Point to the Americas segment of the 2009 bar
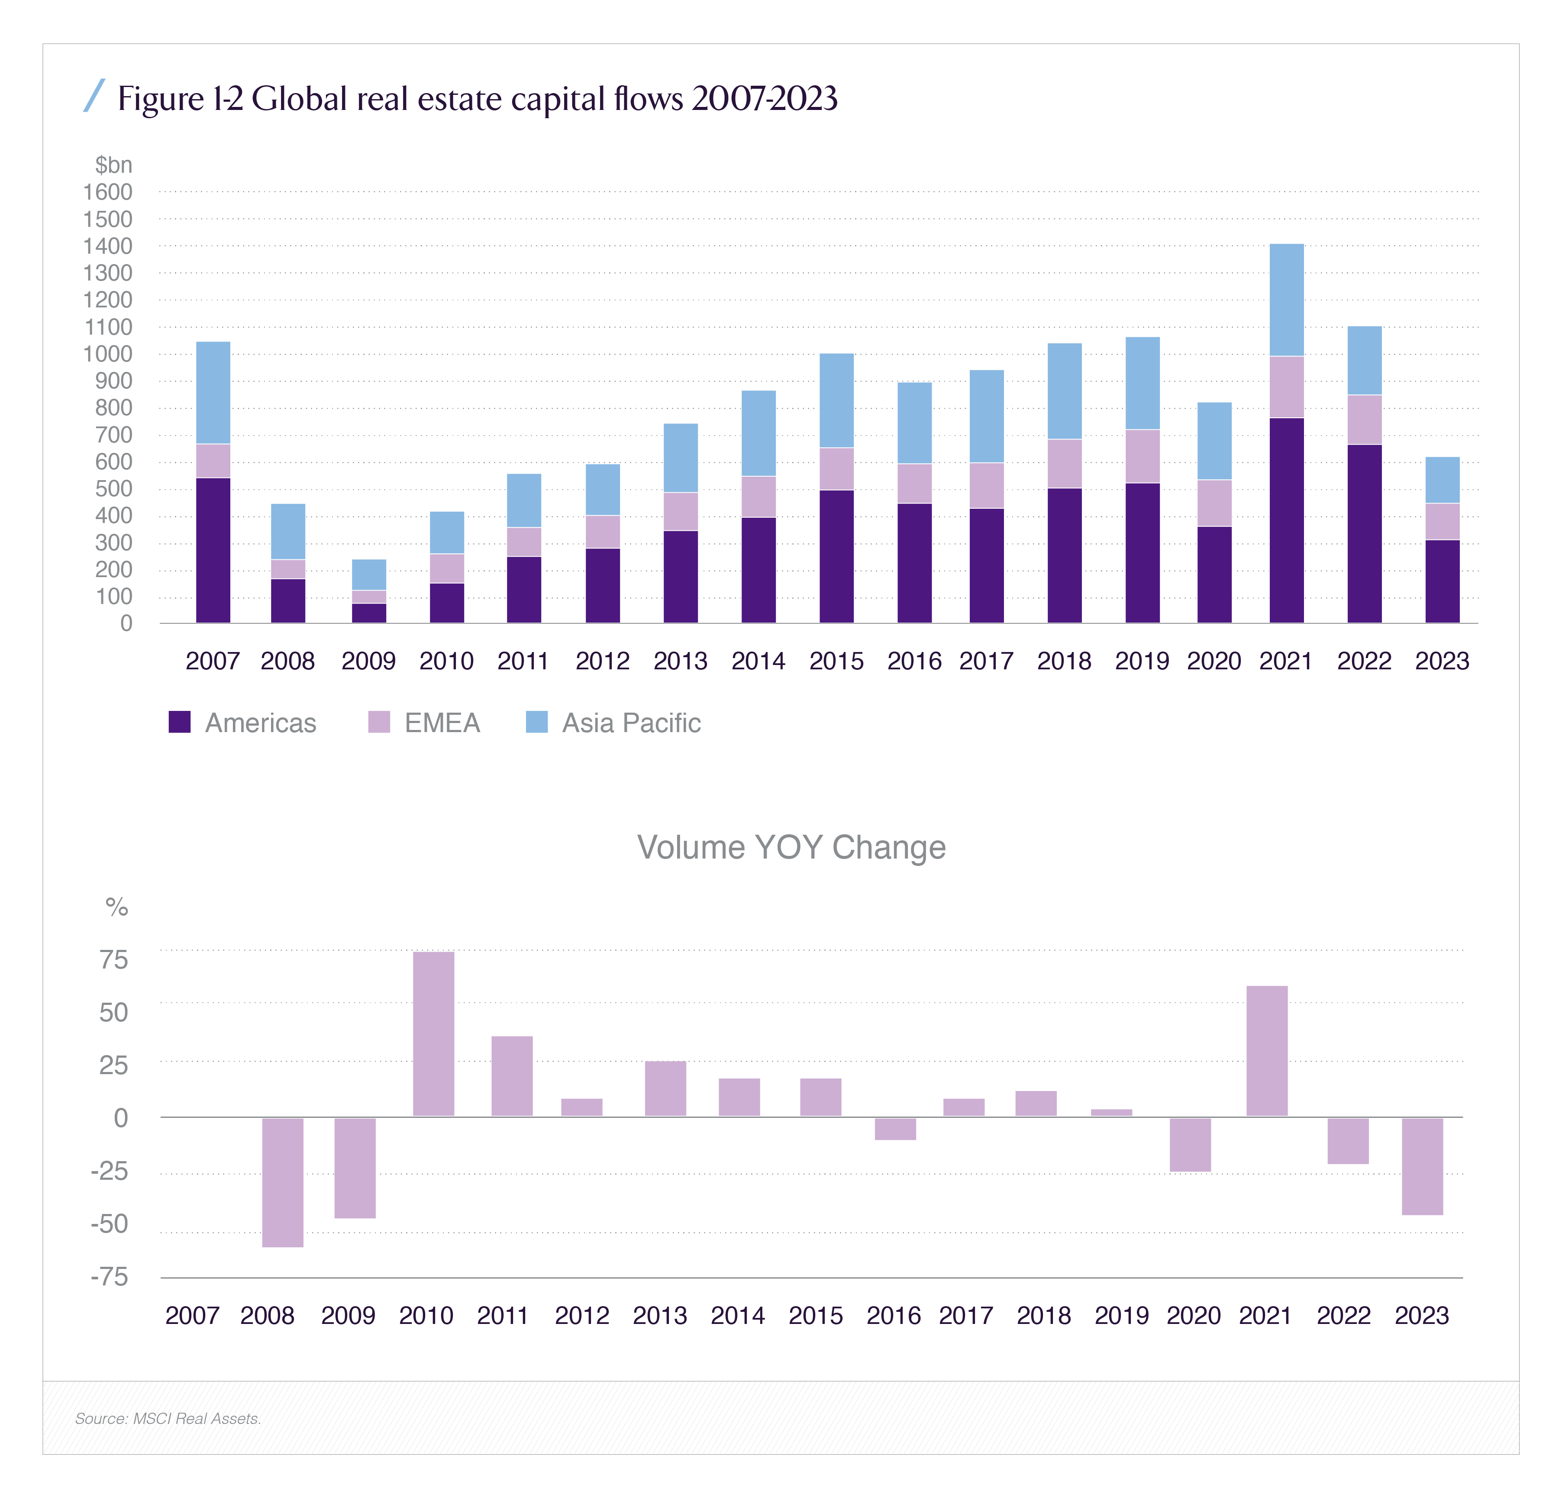(x=369, y=613)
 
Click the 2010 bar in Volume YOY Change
(x=433, y=1033)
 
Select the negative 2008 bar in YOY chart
(x=283, y=1182)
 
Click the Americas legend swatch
(x=179, y=722)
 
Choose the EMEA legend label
(x=442, y=723)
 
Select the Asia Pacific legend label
(x=631, y=723)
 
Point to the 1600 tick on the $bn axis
(x=108, y=192)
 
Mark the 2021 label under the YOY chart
(x=1265, y=1316)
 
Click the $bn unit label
(x=113, y=165)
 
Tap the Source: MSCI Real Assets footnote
(x=168, y=1418)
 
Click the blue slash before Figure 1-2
(x=94, y=96)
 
